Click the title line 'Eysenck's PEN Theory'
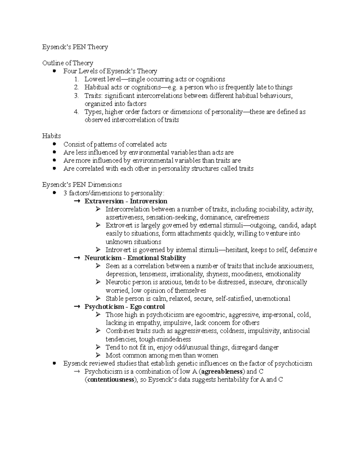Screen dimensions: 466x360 (75, 47)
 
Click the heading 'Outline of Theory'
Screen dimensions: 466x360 (67, 63)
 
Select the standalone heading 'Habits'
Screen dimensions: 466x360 (51, 136)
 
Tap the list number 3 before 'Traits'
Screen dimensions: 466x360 (76, 96)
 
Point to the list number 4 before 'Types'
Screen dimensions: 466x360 (76, 112)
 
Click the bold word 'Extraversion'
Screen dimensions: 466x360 (104, 201)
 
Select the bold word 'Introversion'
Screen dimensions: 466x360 (148, 201)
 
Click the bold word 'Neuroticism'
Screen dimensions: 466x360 (103, 258)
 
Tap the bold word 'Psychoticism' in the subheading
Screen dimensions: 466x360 (104, 307)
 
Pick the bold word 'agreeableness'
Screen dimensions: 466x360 (222, 371)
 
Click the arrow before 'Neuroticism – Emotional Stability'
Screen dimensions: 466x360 (77, 258)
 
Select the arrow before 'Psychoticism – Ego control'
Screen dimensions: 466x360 (77, 307)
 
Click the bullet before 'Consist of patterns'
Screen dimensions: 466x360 (54, 144)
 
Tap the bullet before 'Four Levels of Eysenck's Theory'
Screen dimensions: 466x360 (54, 71)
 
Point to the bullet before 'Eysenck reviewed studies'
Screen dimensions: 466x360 (54, 363)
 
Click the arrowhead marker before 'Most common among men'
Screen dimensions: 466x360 (98, 355)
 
